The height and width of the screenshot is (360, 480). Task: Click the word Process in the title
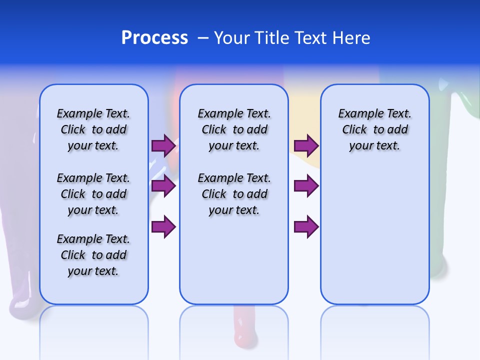click(154, 38)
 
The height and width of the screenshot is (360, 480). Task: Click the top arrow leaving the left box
click(163, 146)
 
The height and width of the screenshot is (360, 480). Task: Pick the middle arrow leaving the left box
click(163, 186)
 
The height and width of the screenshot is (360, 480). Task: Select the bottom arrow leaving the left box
click(163, 227)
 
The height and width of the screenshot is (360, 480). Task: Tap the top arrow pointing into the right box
click(306, 146)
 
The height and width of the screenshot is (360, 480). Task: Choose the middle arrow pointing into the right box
click(306, 186)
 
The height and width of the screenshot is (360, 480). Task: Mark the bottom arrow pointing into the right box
click(306, 227)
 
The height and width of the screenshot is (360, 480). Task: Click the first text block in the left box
click(93, 129)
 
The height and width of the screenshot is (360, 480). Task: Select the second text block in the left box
click(93, 194)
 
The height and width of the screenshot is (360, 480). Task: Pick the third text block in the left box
click(93, 255)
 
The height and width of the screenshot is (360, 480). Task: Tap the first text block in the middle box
click(234, 129)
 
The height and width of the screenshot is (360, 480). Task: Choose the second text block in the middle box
click(234, 194)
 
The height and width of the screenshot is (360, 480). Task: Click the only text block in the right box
click(374, 129)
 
